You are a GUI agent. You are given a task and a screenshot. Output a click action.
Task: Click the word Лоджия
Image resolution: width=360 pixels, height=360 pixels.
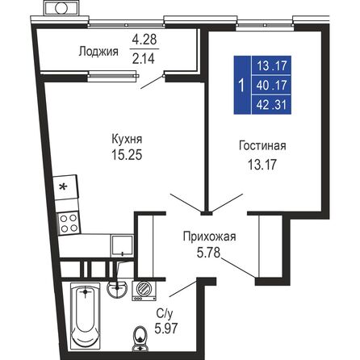click(98, 52)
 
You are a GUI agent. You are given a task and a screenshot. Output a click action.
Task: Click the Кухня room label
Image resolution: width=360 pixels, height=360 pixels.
click(128, 139)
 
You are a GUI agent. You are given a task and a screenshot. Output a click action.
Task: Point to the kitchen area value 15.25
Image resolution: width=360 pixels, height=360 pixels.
click(128, 155)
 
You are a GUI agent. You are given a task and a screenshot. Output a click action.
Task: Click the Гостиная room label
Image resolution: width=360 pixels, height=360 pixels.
click(262, 146)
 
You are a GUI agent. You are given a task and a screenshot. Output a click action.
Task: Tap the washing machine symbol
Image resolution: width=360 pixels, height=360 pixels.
click(146, 287)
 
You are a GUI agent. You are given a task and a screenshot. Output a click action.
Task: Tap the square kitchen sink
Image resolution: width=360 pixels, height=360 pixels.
click(120, 244)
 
